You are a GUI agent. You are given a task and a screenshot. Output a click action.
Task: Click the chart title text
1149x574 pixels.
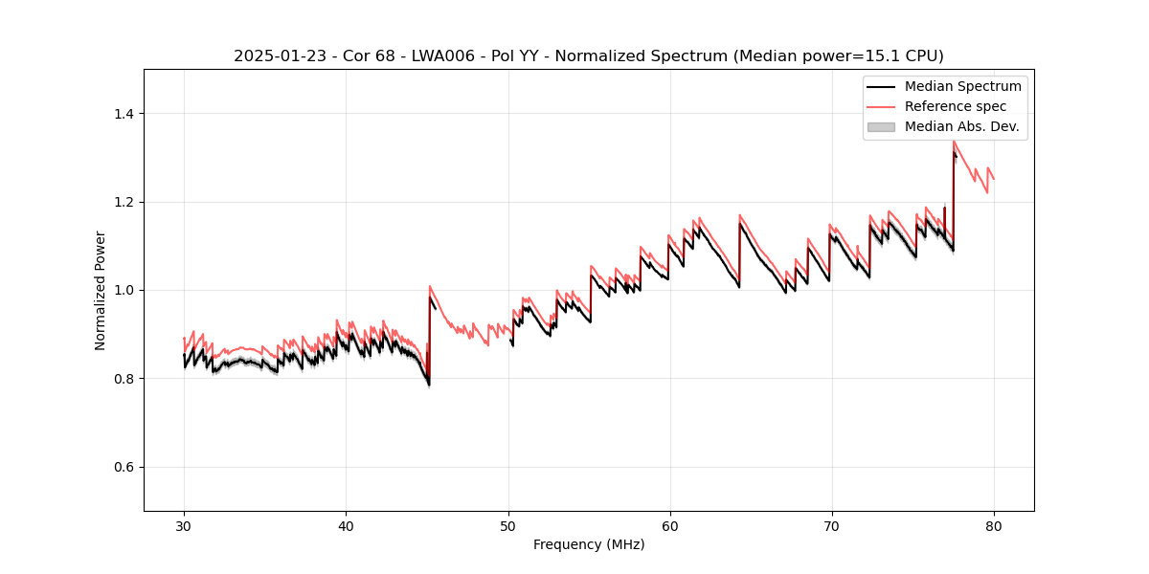pos(588,56)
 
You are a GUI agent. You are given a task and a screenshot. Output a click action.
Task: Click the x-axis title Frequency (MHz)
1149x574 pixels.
pos(588,544)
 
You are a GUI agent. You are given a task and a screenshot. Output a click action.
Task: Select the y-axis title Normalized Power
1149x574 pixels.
pos(101,290)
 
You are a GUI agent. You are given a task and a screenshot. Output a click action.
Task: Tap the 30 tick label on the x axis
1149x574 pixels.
pos(184,525)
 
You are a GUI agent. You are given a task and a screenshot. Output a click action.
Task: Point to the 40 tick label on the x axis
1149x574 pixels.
pos(346,525)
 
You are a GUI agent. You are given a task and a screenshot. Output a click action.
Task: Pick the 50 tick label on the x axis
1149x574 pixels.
pos(507,525)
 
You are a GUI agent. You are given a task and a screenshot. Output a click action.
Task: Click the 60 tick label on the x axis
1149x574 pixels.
pos(669,525)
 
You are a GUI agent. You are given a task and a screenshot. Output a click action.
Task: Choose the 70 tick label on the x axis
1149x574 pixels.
pos(831,525)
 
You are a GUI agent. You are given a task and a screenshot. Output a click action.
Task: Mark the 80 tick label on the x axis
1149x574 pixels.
pos(993,525)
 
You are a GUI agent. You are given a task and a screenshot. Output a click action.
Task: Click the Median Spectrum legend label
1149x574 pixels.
pos(962,86)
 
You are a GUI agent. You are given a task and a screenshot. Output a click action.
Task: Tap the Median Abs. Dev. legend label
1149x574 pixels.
pos(961,126)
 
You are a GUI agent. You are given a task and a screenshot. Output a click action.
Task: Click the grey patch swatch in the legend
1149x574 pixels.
pos(881,126)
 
